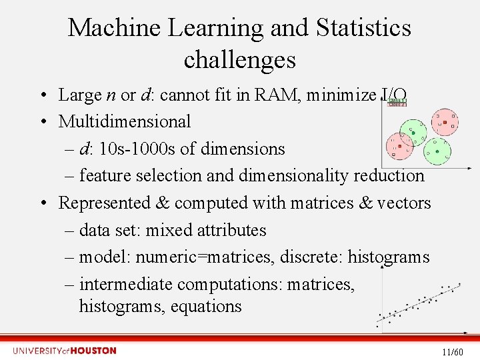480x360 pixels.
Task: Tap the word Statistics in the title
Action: pyautogui.click(x=363, y=28)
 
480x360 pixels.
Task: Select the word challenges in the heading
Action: pyautogui.click(x=239, y=60)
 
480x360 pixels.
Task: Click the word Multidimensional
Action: pyautogui.click(x=125, y=122)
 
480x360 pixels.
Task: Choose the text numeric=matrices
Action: pyautogui.click(x=211, y=257)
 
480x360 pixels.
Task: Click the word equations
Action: pyautogui.click(x=206, y=307)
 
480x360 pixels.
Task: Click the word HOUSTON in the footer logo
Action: pyautogui.click(x=93, y=351)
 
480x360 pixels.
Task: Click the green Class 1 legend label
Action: pyautogui.click(x=397, y=100)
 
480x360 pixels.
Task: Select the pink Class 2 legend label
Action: pyautogui.click(x=397, y=105)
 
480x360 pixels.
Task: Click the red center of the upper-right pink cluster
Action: pyautogui.click(x=445, y=121)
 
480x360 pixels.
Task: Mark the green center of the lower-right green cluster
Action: pyautogui.click(x=437, y=151)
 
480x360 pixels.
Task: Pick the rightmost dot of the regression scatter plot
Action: pyautogui.click(x=459, y=284)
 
